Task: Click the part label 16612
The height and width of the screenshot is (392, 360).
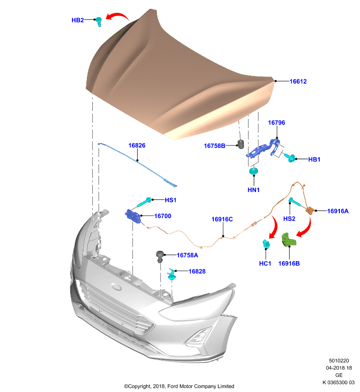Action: tap(298, 81)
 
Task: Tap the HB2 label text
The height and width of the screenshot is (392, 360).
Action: tap(77, 20)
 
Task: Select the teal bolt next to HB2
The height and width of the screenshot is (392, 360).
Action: tap(99, 22)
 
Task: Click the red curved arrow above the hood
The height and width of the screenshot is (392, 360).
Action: tap(117, 16)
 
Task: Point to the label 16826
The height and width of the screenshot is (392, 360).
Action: tap(137, 145)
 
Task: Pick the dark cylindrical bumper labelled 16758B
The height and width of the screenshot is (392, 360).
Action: tap(241, 145)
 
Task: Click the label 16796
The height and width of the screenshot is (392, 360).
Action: tap(277, 122)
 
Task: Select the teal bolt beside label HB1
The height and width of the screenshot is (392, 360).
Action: tap(290, 157)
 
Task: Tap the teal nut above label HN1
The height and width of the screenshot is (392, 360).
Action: tap(254, 171)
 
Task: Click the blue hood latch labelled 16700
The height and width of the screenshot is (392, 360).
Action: tap(133, 217)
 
